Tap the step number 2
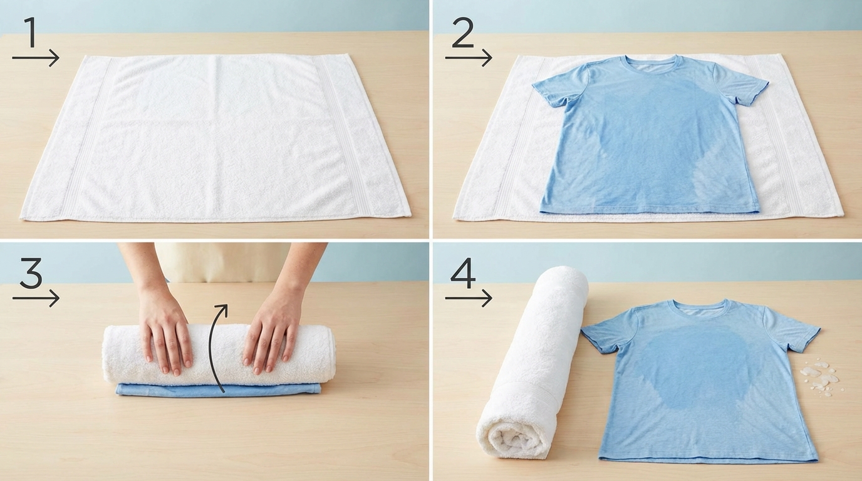462,33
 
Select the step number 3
31,273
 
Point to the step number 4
463,273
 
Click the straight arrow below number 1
36,58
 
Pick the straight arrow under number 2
469,58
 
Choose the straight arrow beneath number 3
36,298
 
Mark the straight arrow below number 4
469,298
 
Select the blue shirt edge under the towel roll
218,390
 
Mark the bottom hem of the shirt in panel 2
650,211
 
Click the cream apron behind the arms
222,262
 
